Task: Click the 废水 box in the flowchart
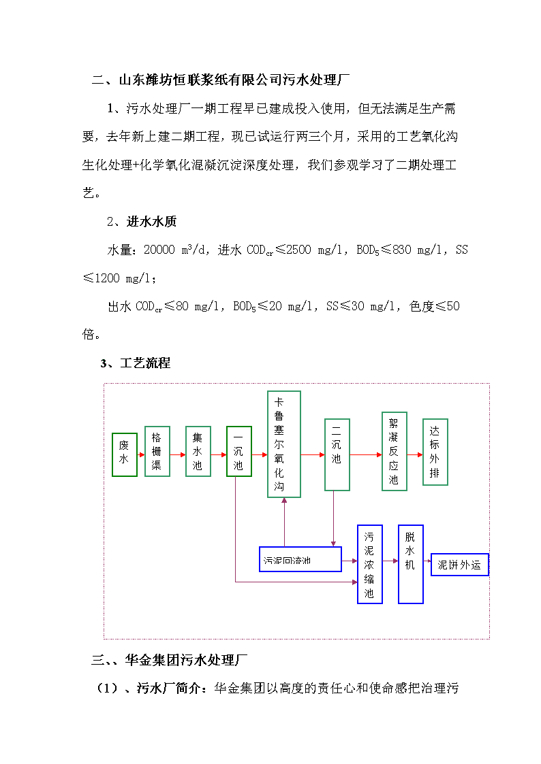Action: pyautogui.click(x=125, y=454)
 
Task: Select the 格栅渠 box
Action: pyautogui.click(x=157, y=451)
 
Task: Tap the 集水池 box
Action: pyautogui.click(x=198, y=451)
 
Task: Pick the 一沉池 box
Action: pyautogui.click(x=239, y=451)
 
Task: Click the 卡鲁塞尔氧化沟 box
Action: pyautogui.click(x=284, y=444)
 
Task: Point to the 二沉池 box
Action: pyautogui.click(x=337, y=454)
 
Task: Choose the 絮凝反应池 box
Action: pyautogui.click(x=394, y=451)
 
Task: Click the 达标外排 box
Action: pyautogui.click(x=435, y=452)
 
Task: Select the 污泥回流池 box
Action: pyautogui.click(x=300, y=559)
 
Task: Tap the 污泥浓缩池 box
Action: pyautogui.click(x=370, y=564)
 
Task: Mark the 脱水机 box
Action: pyautogui.click(x=411, y=564)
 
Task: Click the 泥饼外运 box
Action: pyautogui.click(x=459, y=565)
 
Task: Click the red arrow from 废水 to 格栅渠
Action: pyautogui.click(x=141, y=455)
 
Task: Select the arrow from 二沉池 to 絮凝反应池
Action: pyautogui.click(x=366, y=455)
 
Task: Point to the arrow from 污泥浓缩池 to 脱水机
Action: pyautogui.click(x=390, y=561)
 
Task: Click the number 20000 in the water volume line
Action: pyautogui.click(x=159, y=250)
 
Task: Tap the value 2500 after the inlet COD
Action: pyautogui.click(x=298, y=250)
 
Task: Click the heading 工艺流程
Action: pyautogui.click(x=145, y=363)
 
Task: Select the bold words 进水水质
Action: pyautogui.click(x=151, y=222)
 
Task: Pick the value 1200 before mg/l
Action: pyautogui.click(x=107, y=278)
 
